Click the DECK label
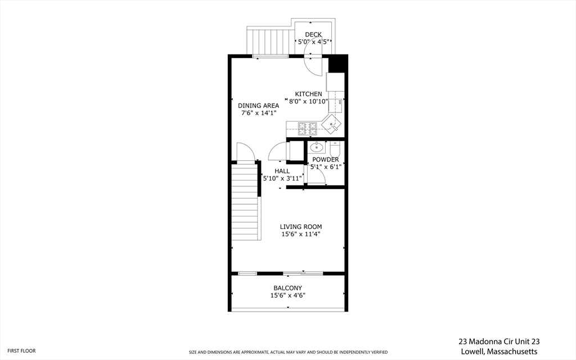click(x=313, y=35)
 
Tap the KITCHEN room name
click(x=309, y=94)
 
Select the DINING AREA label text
click(x=258, y=105)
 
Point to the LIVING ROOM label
click(x=301, y=227)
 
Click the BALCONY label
click(x=287, y=288)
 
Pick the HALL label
click(x=282, y=171)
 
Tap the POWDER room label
click(x=326, y=160)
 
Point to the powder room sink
click(x=316, y=148)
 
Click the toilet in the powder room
click(x=335, y=149)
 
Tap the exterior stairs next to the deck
click(x=267, y=41)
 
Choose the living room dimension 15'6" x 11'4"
click(x=301, y=234)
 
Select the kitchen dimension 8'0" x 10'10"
click(x=309, y=102)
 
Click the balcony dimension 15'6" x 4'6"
click(x=287, y=295)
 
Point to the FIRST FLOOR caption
click(x=22, y=350)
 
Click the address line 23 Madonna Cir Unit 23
click(x=499, y=341)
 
